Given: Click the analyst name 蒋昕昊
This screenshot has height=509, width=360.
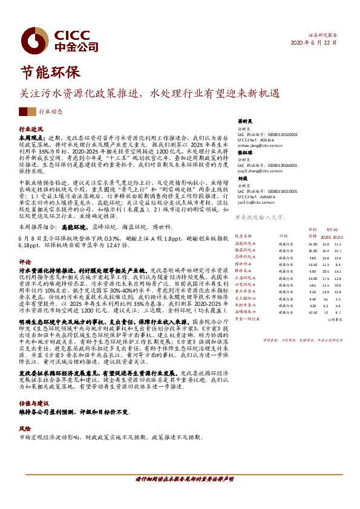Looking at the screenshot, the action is tap(244, 121).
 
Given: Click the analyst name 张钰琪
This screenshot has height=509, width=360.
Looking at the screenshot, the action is tap(244, 153).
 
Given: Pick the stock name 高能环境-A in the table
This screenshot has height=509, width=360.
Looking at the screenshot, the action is tap(246, 242).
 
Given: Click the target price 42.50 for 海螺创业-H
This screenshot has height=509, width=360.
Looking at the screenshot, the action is tap(312, 313).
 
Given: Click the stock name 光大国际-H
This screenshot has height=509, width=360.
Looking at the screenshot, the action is tap(246, 299).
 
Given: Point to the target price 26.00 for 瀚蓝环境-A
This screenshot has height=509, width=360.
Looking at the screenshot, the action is tap(312, 250).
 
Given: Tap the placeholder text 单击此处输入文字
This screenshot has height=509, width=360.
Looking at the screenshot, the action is tap(260, 216).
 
